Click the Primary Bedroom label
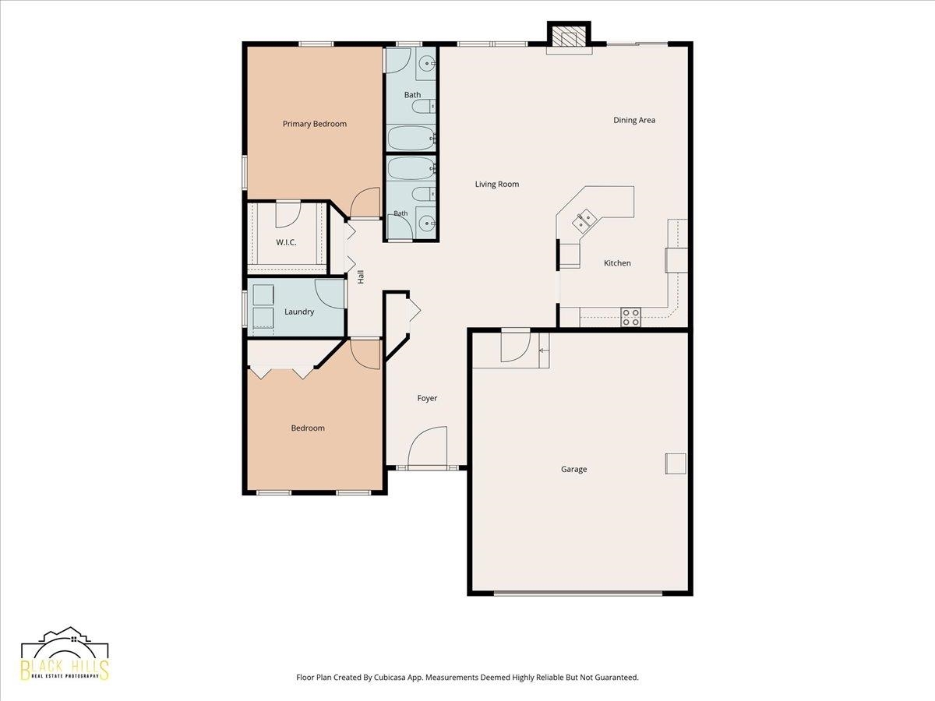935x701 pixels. click(x=314, y=124)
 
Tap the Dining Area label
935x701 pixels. click(x=634, y=120)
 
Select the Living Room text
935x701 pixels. click(x=496, y=185)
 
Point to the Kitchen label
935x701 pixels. click(x=617, y=263)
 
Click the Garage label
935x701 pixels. click(x=573, y=469)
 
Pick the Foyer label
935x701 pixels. click(x=427, y=398)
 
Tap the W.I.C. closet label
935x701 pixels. click(x=286, y=242)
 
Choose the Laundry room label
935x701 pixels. click(x=299, y=312)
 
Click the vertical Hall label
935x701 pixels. click(x=361, y=277)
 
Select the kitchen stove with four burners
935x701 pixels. click(x=631, y=317)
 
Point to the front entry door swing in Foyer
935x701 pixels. click(x=427, y=446)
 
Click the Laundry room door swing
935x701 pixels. click(x=330, y=294)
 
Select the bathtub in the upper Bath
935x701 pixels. click(x=411, y=138)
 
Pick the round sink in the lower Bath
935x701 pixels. click(x=425, y=223)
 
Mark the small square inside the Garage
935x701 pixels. click(x=676, y=463)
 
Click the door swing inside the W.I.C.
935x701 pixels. click(x=288, y=214)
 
